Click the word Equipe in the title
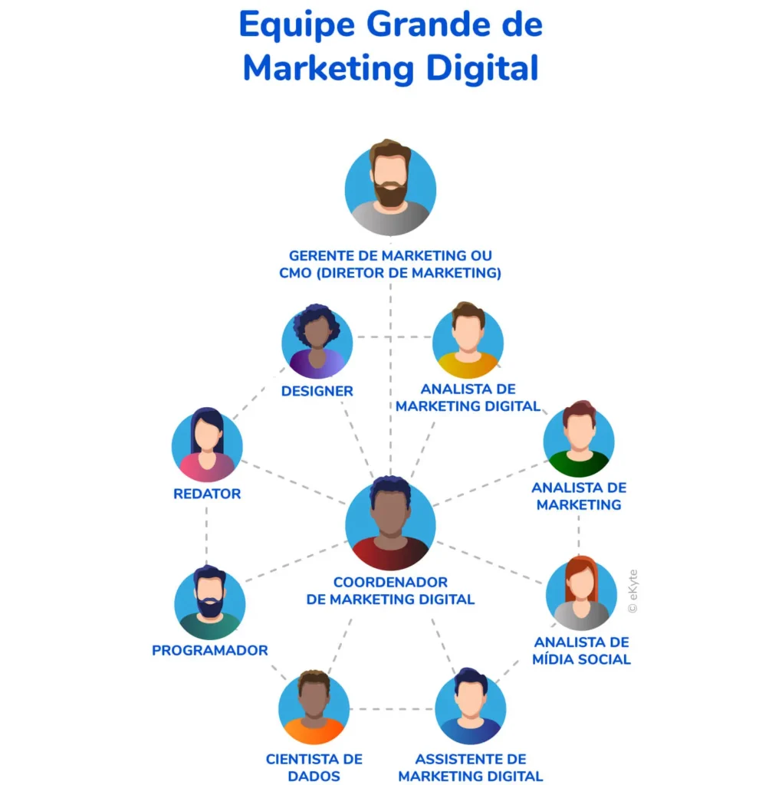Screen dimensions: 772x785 [297, 25]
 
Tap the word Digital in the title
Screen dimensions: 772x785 [482, 67]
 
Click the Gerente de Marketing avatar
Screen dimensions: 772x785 [390, 188]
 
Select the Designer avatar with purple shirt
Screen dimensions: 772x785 [317, 342]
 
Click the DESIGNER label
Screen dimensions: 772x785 [317, 391]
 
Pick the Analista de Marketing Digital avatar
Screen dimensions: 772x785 [468, 340]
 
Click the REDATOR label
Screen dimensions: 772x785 [207, 494]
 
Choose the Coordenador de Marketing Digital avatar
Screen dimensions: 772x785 [390, 523]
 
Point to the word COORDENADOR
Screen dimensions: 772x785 [390, 583]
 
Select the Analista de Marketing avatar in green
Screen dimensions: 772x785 [579, 439]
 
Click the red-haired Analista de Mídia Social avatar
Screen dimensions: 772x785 [581, 593]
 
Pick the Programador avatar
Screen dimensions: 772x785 [210, 603]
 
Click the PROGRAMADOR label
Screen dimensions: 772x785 [210, 650]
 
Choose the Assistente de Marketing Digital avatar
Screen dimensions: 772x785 [470, 706]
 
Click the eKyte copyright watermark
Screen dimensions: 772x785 [632, 591]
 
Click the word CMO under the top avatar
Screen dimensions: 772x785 [295, 273]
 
